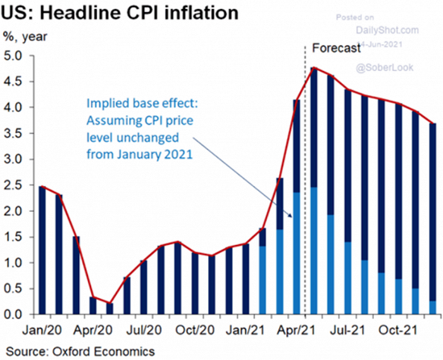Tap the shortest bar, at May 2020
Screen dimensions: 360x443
coord(110,308)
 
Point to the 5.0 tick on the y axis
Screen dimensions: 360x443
coord(14,56)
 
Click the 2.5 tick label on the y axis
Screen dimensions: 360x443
coord(14,185)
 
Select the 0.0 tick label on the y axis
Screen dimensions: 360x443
coord(14,314)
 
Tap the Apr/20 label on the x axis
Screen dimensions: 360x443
coord(94,330)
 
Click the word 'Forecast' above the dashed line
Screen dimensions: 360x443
coord(336,47)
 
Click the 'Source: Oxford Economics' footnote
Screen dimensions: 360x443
coord(80,350)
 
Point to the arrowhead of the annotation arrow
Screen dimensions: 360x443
coord(292,216)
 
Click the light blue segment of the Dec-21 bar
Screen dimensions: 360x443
coord(432,307)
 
